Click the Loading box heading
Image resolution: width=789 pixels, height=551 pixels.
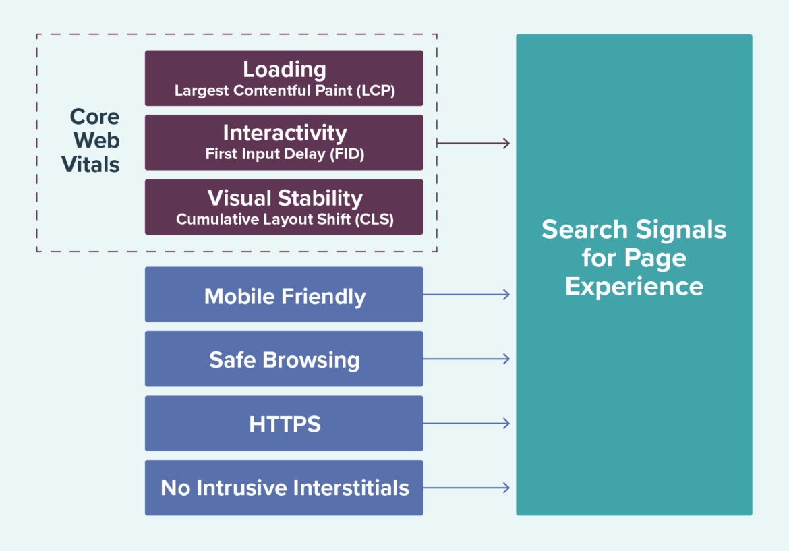coord(284,69)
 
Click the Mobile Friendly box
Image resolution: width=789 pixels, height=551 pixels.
coord(284,295)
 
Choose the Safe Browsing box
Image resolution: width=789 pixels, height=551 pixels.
coord(284,359)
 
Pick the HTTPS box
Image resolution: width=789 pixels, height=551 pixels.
coord(284,424)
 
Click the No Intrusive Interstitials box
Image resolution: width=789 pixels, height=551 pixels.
coord(284,488)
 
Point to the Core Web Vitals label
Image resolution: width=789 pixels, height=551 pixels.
coord(93,140)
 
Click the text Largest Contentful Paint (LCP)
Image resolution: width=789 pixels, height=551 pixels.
coord(284,91)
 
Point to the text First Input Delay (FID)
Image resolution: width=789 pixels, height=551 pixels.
coord(284,154)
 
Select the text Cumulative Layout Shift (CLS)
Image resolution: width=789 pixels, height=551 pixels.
coord(284,220)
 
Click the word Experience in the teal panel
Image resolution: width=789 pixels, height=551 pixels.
coord(634,287)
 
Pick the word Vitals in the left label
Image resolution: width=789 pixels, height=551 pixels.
coord(91,165)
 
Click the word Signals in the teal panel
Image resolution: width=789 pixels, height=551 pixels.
coord(680,230)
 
